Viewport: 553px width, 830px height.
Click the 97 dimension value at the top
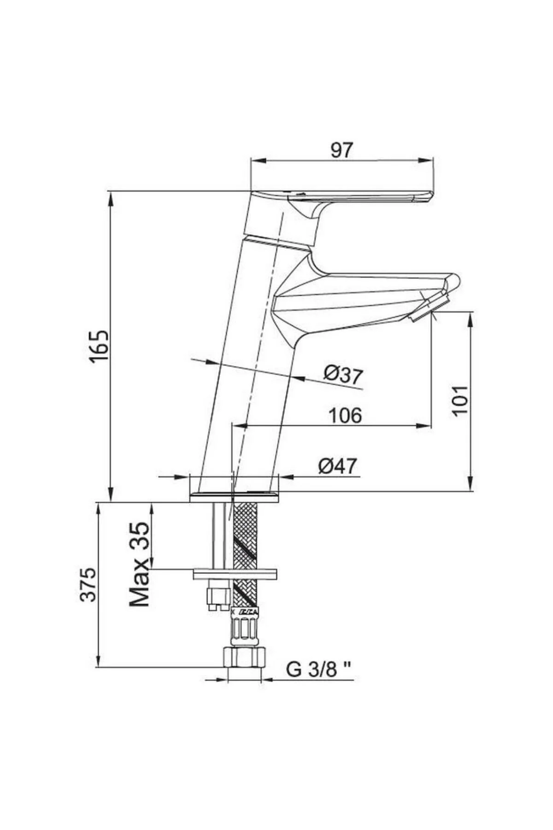(x=341, y=151)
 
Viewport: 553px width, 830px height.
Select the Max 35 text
(x=140, y=564)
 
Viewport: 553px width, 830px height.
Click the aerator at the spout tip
(x=429, y=309)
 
